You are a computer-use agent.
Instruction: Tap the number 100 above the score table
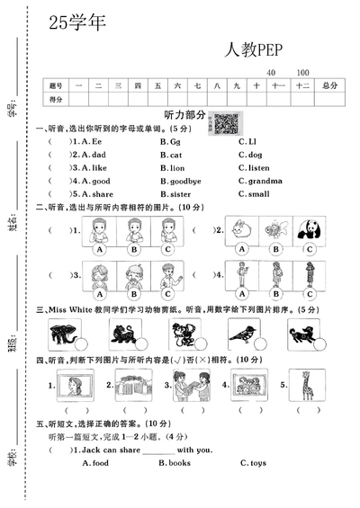[302, 72]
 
